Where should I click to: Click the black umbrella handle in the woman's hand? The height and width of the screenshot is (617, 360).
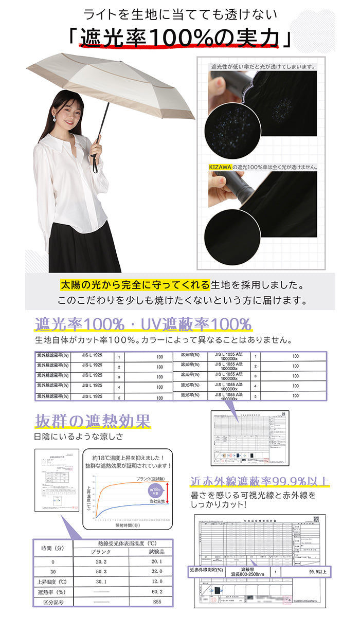point(95,160)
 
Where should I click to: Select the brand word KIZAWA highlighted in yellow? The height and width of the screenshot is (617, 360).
point(220,167)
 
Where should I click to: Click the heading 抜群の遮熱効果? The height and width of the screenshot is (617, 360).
point(93,421)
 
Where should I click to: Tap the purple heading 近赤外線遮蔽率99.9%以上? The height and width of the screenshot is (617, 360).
point(259,482)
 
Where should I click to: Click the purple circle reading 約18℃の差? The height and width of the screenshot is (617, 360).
point(155,489)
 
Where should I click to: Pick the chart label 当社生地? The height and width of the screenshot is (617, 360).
point(156,500)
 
